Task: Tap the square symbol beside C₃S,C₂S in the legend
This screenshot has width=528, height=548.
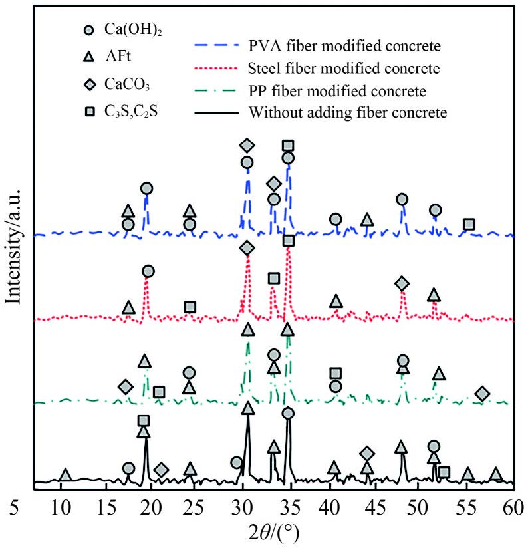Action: tap(90, 111)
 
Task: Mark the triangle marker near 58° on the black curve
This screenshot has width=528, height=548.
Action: tap(495, 474)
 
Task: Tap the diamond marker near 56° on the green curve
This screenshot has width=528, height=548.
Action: tap(483, 394)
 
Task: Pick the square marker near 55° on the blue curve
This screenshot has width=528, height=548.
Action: tap(469, 224)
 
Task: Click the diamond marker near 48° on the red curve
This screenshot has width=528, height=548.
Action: tap(402, 284)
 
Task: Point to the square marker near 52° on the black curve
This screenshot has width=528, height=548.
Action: tap(444, 472)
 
